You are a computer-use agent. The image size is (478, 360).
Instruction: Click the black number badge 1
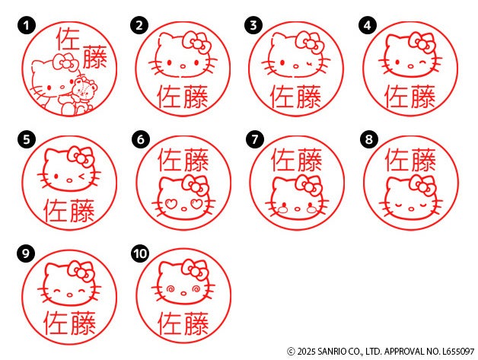click(27, 26)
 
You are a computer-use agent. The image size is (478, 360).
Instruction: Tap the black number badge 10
click(140, 253)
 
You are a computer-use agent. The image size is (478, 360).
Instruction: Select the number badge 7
click(255, 139)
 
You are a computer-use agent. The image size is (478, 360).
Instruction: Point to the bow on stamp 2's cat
click(196, 43)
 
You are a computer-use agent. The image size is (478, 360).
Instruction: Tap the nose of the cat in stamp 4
click(410, 66)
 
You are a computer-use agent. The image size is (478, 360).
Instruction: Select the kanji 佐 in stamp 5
click(56, 211)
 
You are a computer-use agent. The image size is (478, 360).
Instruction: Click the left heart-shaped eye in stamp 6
click(171, 204)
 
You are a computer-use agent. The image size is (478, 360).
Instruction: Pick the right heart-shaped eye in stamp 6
click(196, 204)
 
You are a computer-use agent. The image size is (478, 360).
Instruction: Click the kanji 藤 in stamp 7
click(310, 160)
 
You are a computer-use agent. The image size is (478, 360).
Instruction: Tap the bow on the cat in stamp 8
click(423, 185)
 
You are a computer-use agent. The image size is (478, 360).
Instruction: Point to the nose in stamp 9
click(70, 295)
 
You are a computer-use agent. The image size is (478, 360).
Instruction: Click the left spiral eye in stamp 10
click(170, 288)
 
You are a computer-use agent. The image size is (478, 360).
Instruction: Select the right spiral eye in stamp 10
click(196, 288)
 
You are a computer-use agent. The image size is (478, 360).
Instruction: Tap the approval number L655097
click(458, 352)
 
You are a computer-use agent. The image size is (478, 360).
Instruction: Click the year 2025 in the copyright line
click(307, 352)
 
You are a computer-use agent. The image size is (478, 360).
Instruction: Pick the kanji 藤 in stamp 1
click(95, 57)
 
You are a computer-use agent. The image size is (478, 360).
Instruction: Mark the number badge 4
click(368, 26)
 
